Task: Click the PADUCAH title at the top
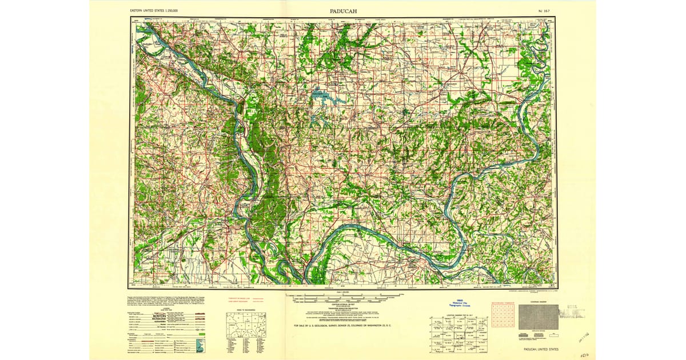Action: pyautogui.click(x=343, y=11)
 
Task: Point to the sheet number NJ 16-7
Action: pyautogui.click(x=545, y=11)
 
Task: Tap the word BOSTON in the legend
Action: pyautogui.click(x=159, y=315)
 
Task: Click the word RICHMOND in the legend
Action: pyautogui.click(x=160, y=319)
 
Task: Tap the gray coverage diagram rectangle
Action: pyautogui.click(x=538, y=317)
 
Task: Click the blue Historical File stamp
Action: pyautogui.click(x=457, y=306)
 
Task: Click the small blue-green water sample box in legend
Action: pyautogui.click(x=199, y=346)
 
